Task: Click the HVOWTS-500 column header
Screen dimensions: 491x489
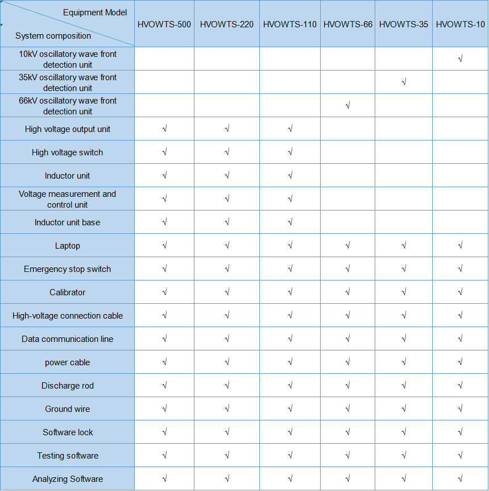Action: click(x=164, y=24)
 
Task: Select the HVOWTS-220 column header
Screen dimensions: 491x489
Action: click(x=227, y=24)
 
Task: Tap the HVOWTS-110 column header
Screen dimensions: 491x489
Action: click(x=290, y=24)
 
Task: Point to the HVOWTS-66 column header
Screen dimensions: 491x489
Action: click(x=348, y=24)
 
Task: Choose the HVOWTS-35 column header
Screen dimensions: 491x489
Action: click(x=404, y=24)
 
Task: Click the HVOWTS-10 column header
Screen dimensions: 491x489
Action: click(x=461, y=24)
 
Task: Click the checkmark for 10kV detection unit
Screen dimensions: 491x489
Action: click(x=461, y=59)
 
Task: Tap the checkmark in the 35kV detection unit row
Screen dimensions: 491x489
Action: click(x=404, y=82)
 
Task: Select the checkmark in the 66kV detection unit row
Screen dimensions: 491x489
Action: click(x=347, y=105)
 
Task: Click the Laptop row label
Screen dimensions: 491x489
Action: click(x=68, y=246)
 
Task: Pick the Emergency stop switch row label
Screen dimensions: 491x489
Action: click(x=68, y=269)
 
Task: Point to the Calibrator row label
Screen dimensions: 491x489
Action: click(x=68, y=292)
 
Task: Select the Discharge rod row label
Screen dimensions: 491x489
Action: click(x=68, y=386)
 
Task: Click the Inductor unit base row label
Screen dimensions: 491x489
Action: click(x=68, y=222)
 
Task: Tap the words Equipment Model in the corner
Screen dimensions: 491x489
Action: click(x=95, y=13)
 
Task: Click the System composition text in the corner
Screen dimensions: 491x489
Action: click(x=53, y=36)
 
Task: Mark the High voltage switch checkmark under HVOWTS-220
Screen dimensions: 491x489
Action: click(x=227, y=152)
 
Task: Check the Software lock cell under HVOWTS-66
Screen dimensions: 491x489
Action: click(x=347, y=432)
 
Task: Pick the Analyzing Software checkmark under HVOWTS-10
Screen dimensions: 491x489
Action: click(x=461, y=478)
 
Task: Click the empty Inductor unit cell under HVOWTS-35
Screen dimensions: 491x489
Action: click(x=404, y=175)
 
